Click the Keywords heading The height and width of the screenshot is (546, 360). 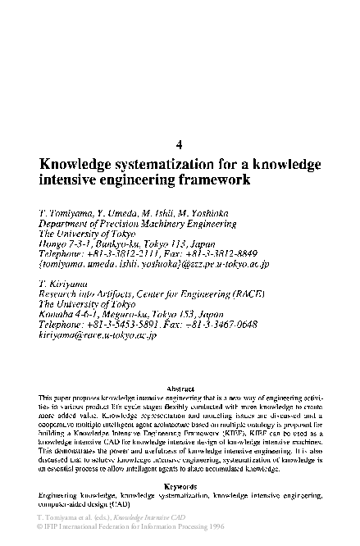tap(180, 487)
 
